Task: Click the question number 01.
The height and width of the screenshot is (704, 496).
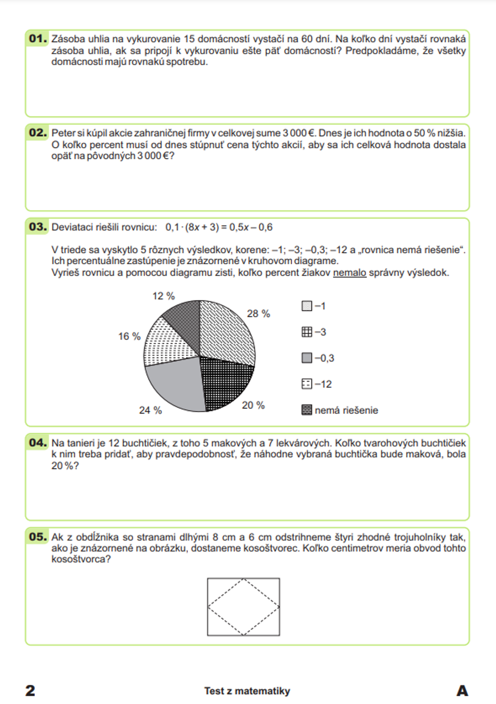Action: pos(38,38)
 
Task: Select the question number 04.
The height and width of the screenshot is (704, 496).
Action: pos(38,442)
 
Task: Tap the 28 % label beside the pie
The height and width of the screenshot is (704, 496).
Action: pos(258,313)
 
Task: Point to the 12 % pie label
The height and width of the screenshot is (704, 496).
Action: pos(163,296)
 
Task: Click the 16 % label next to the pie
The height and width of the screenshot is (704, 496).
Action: pos(129,336)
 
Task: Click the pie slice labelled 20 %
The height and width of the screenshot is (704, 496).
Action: pos(223,382)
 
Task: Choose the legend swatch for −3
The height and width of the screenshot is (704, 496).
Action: pos(307,332)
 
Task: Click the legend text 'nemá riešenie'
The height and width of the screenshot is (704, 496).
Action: pos(346,410)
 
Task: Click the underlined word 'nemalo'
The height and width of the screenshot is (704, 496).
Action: pos(350,272)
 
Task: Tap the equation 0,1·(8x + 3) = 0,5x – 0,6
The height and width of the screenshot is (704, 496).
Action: pos(219,227)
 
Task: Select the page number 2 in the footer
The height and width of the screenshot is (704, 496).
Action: pos(30,690)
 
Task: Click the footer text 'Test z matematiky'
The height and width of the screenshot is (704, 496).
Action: pos(247,691)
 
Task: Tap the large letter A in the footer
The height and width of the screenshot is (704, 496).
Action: pos(462,690)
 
